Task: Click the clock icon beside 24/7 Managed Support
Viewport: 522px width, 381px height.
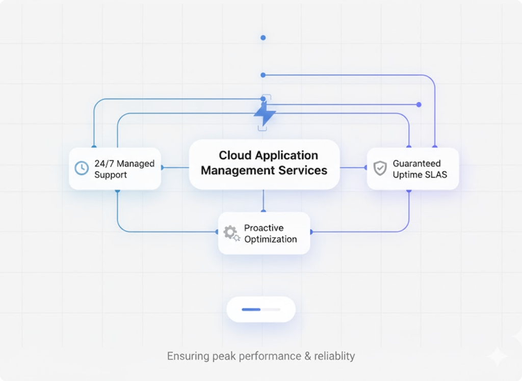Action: pyautogui.click(x=82, y=169)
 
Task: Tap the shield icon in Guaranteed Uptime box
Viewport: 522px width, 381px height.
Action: pyautogui.click(x=380, y=169)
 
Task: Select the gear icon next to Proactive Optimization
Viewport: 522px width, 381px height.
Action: pyautogui.click(x=231, y=233)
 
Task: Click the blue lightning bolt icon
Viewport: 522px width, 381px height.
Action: pyautogui.click(x=265, y=114)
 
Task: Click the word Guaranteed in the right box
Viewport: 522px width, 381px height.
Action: pyautogui.click(x=416, y=164)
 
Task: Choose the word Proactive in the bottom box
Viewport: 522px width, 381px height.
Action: pyautogui.click(x=264, y=228)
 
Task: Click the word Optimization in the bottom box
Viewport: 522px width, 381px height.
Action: pyautogui.click(x=270, y=239)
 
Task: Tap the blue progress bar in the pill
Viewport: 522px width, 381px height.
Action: pyautogui.click(x=251, y=309)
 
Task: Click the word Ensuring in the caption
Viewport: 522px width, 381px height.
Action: pyautogui.click(x=188, y=356)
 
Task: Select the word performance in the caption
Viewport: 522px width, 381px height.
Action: pyautogui.click(x=272, y=356)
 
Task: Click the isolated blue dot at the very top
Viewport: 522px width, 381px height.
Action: pyautogui.click(x=263, y=38)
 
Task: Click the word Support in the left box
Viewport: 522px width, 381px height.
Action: pyautogui.click(x=111, y=175)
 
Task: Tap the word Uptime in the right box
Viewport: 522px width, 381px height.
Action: pyautogui.click(x=406, y=175)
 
